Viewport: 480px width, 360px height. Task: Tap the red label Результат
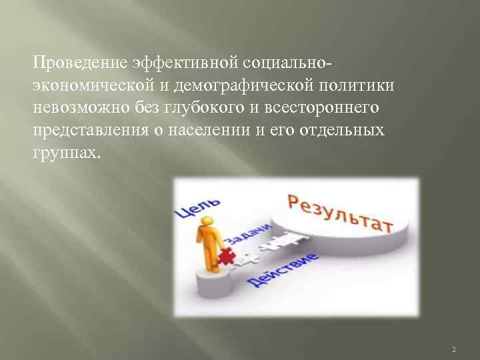point(340,212)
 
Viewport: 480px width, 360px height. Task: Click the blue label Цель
point(195,202)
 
